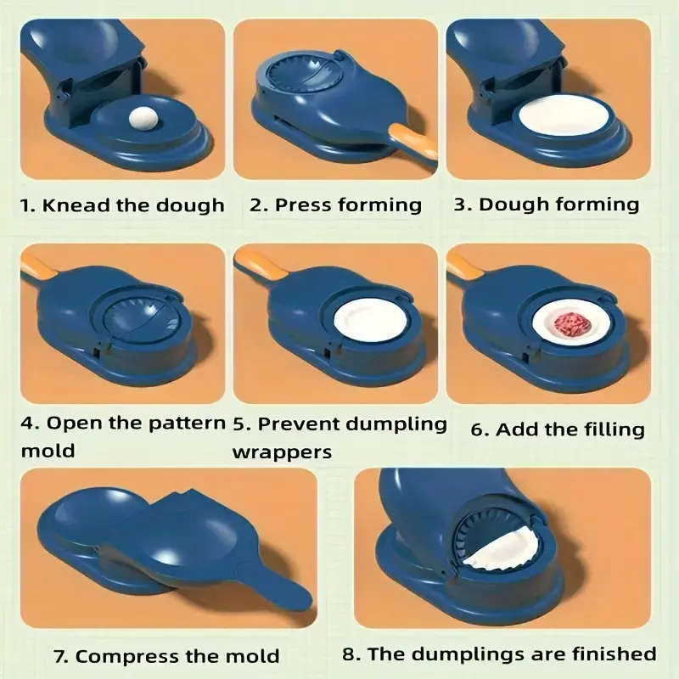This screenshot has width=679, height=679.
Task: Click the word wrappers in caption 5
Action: coord(282,452)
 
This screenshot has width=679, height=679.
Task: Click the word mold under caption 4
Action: coord(48,451)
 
